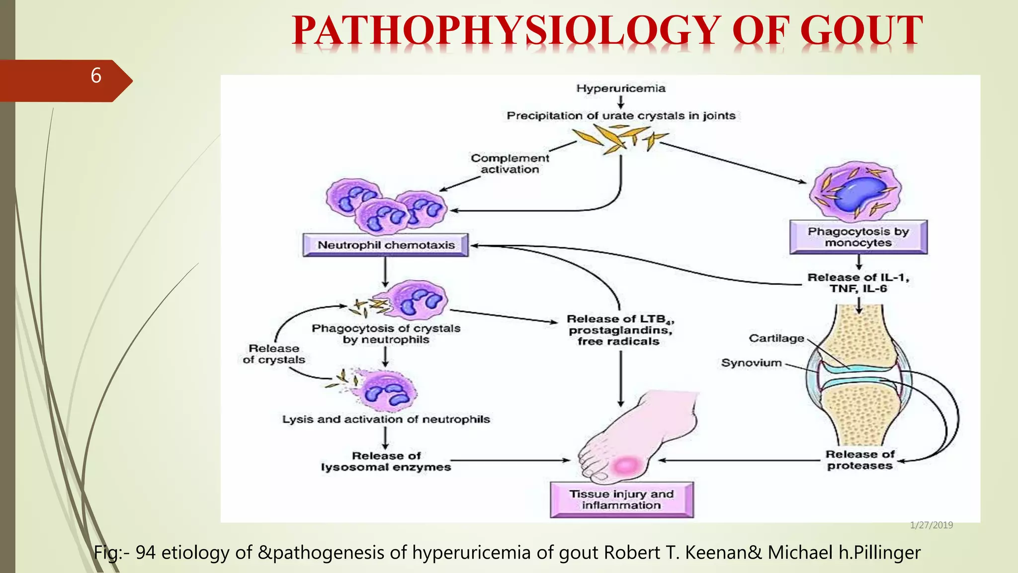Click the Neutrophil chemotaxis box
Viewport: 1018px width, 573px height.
386,245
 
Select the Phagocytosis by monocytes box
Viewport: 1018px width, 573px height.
858,237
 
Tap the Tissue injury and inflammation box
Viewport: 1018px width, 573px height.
621,499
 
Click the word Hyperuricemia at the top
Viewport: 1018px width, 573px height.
620,89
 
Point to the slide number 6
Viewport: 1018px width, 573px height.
96,76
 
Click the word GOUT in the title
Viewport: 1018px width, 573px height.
861,31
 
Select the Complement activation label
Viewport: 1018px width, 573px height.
510,164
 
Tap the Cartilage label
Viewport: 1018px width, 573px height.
776,338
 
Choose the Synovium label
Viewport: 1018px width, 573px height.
751,363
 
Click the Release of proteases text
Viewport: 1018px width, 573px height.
860,460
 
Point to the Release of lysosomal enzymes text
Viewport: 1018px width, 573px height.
386,462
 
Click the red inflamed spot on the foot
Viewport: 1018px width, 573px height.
625,466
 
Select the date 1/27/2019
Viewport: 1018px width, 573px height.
931,525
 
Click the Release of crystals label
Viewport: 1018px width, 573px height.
274,354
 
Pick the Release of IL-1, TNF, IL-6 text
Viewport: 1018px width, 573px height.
858,283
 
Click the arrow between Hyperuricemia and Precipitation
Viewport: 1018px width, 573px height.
621,102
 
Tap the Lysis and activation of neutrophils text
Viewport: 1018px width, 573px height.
386,419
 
